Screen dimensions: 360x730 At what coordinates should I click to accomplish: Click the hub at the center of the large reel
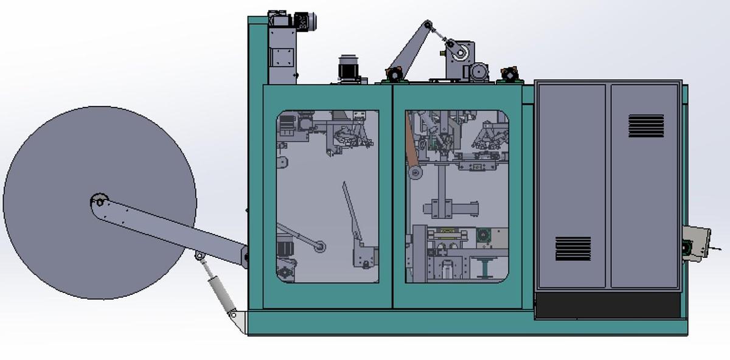pyautogui.click(x=99, y=201)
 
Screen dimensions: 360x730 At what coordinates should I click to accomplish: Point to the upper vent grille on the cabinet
pyautogui.click(x=645, y=126)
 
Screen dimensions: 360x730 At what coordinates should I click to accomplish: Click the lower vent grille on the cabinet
pyautogui.click(x=572, y=248)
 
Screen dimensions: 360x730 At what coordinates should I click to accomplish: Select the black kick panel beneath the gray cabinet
pyautogui.click(x=607, y=305)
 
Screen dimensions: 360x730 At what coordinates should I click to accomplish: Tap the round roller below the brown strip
pyautogui.click(x=416, y=173)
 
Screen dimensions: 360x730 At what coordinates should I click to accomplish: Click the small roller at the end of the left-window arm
pyautogui.click(x=319, y=247)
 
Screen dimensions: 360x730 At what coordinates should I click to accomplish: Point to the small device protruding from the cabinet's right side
pyautogui.click(x=696, y=243)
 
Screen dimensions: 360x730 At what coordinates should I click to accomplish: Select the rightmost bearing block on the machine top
pyautogui.click(x=507, y=75)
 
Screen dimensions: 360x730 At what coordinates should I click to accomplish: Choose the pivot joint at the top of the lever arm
pyautogui.click(x=428, y=25)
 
